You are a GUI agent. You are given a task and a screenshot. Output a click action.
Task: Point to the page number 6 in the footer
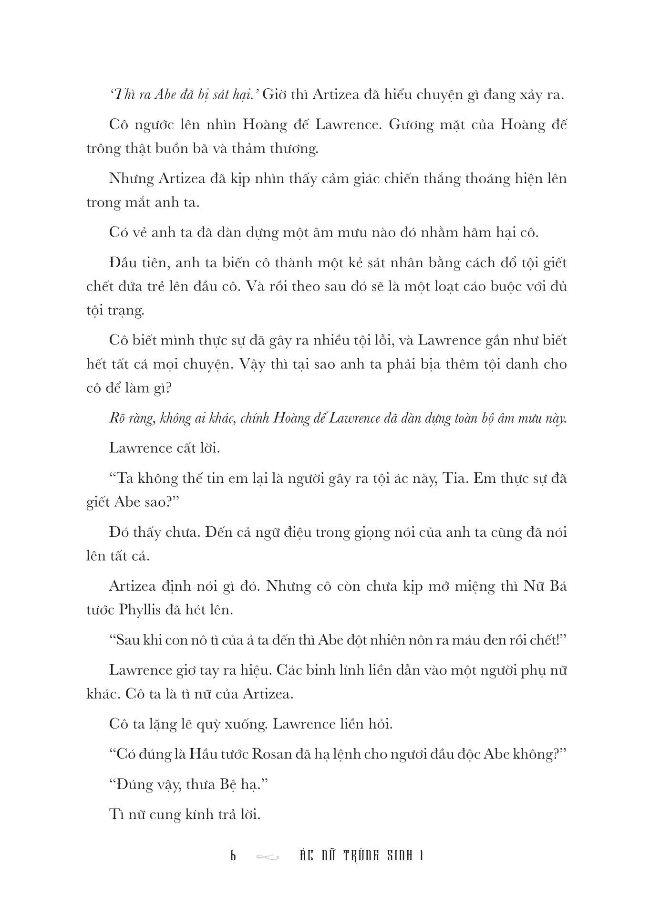click(x=233, y=856)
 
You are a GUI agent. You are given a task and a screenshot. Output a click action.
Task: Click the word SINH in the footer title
click(x=396, y=856)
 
